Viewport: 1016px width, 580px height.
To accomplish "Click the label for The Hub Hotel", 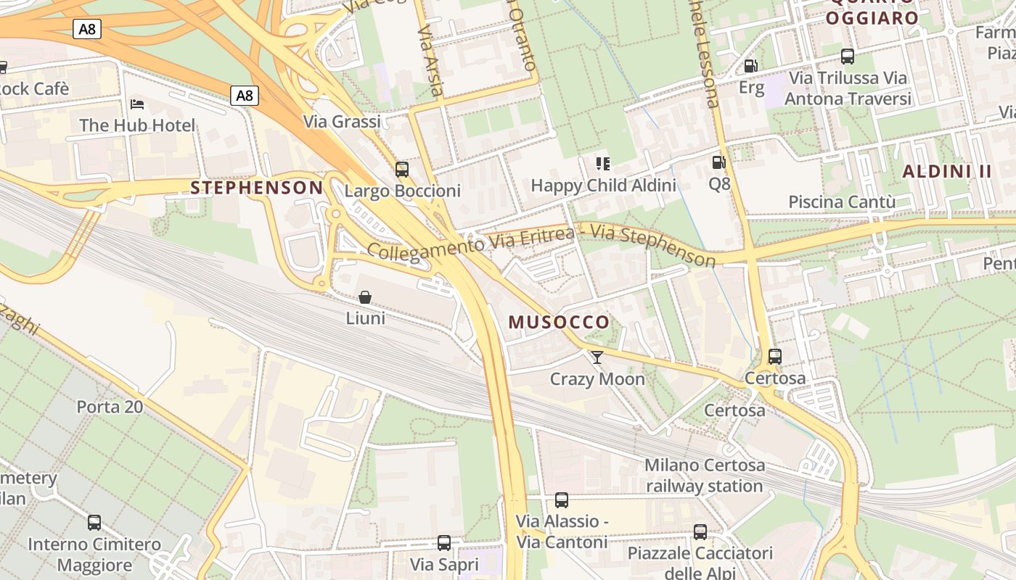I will [x=137, y=125].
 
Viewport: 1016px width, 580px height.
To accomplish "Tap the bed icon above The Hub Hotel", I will [x=137, y=104].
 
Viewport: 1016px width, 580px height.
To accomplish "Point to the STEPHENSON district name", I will [x=256, y=188].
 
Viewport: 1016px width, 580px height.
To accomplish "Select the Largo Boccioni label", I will [x=402, y=191].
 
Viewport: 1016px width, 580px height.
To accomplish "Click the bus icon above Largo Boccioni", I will [x=401, y=170].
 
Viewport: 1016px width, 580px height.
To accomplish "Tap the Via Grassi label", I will [x=342, y=122].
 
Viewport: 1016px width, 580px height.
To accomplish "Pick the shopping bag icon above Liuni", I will [x=365, y=297].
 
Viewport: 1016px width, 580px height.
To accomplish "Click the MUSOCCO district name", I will [x=559, y=323].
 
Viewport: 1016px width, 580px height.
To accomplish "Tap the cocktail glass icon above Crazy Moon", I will [x=597, y=357].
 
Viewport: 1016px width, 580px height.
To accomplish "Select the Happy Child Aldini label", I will [x=603, y=186].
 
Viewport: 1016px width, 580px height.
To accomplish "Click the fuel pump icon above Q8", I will [x=718, y=163].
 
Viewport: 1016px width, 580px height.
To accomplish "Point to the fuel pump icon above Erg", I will [x=750, y=67].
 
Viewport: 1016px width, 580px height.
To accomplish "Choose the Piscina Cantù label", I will [x=842, y=202].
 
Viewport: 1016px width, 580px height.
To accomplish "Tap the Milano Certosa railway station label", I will [x=705, y=476].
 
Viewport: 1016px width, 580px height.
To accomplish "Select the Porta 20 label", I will [x=110, y=407].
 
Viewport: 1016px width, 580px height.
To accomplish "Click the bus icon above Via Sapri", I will [x=444, y=542].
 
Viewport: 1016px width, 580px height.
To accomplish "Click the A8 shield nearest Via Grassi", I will [x=245, y=96].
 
